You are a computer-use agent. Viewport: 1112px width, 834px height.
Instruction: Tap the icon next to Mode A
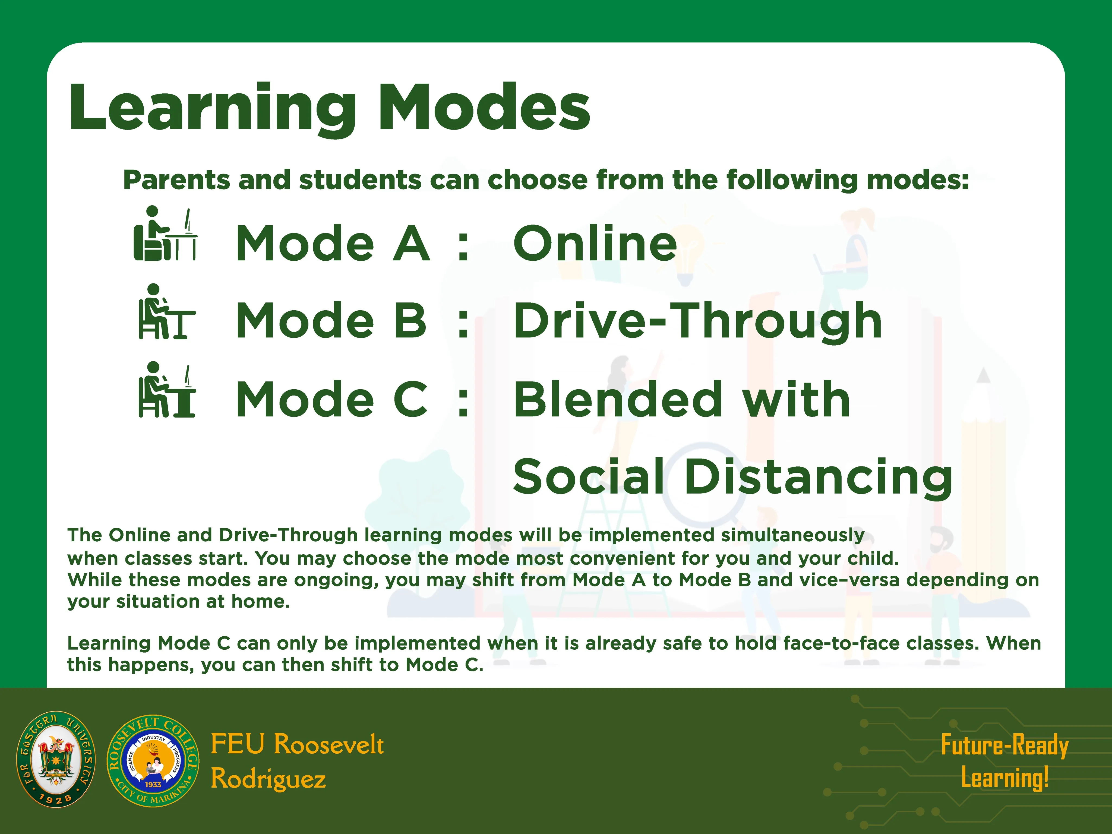click(x=165, y=233)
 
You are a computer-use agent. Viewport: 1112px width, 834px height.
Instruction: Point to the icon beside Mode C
click(x=166, y=390)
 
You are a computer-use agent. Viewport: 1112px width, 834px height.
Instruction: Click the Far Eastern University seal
click(x=56, y=760)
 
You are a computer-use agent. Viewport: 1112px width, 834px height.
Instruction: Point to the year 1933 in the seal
click(x=153, y=784)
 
